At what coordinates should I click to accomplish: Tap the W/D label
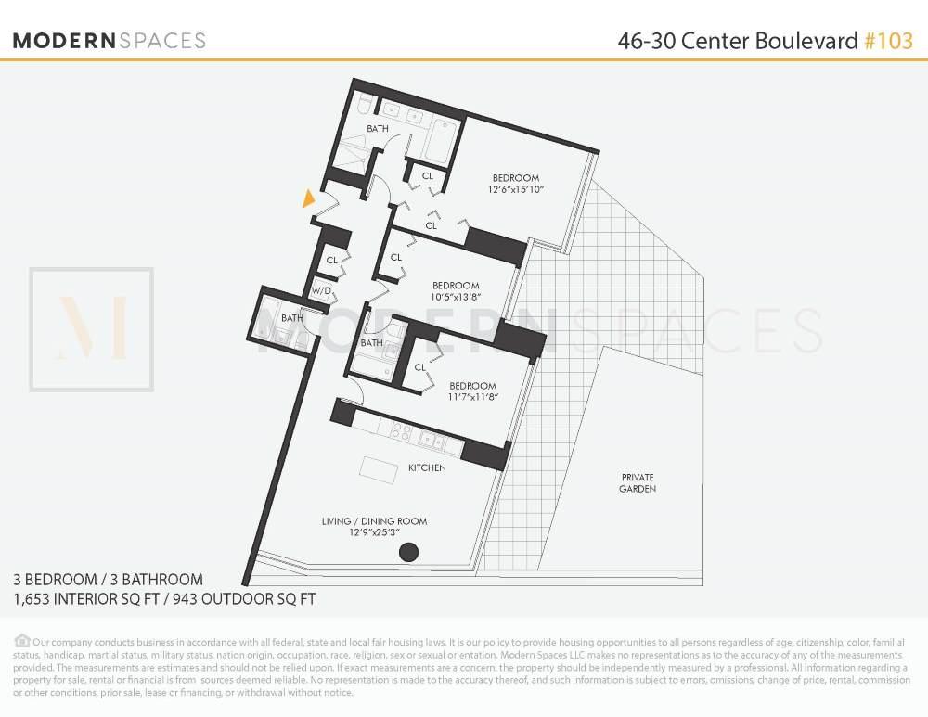(321, 290)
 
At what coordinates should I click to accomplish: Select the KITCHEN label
(427, 467)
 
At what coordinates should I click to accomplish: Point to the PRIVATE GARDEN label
(638, 482)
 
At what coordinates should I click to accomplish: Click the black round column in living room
(407, 553)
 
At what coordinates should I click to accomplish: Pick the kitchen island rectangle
(376, 468)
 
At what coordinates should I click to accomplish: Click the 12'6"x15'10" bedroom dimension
(515, 190)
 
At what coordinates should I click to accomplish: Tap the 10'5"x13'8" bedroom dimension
(455, 297)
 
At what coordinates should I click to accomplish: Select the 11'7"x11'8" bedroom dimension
(472, 397)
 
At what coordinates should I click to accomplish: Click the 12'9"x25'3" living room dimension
(374, 532)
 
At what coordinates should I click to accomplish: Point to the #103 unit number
(888, 41)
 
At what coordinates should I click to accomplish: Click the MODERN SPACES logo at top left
(110, 41)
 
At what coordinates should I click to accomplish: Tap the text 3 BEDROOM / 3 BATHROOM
(108, 580)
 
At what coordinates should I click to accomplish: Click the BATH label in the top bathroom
(377, 128)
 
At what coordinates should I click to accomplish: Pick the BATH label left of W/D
(292, 318)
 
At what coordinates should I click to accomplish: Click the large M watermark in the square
(91, 328)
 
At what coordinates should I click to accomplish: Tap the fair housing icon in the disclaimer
(21, 641)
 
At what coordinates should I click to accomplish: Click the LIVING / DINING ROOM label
(374, 521)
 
